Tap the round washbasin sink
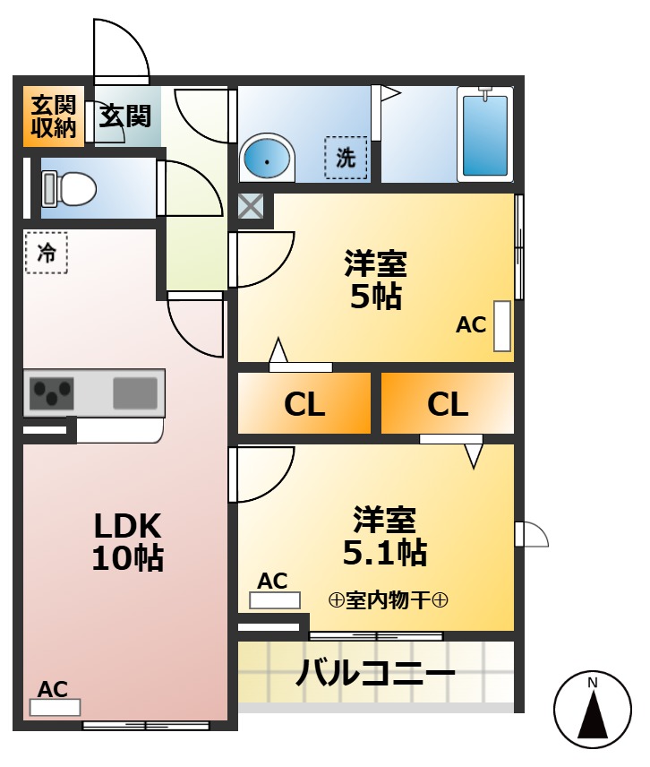[x=267, y=159]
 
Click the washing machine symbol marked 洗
[x=346, y=158]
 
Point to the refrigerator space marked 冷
[x=46, y=254]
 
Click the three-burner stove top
[x=51, y=392]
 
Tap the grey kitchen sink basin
[x=134, y=392]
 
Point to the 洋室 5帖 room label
[x=376, y=280]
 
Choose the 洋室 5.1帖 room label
[x=385, y=536]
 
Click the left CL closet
[x=304, y=404]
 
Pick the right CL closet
[x=448, y=404]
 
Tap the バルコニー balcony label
[x=376, y=672]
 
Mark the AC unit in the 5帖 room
[x=502, y=325]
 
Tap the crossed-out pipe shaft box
[x=251, y=208]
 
